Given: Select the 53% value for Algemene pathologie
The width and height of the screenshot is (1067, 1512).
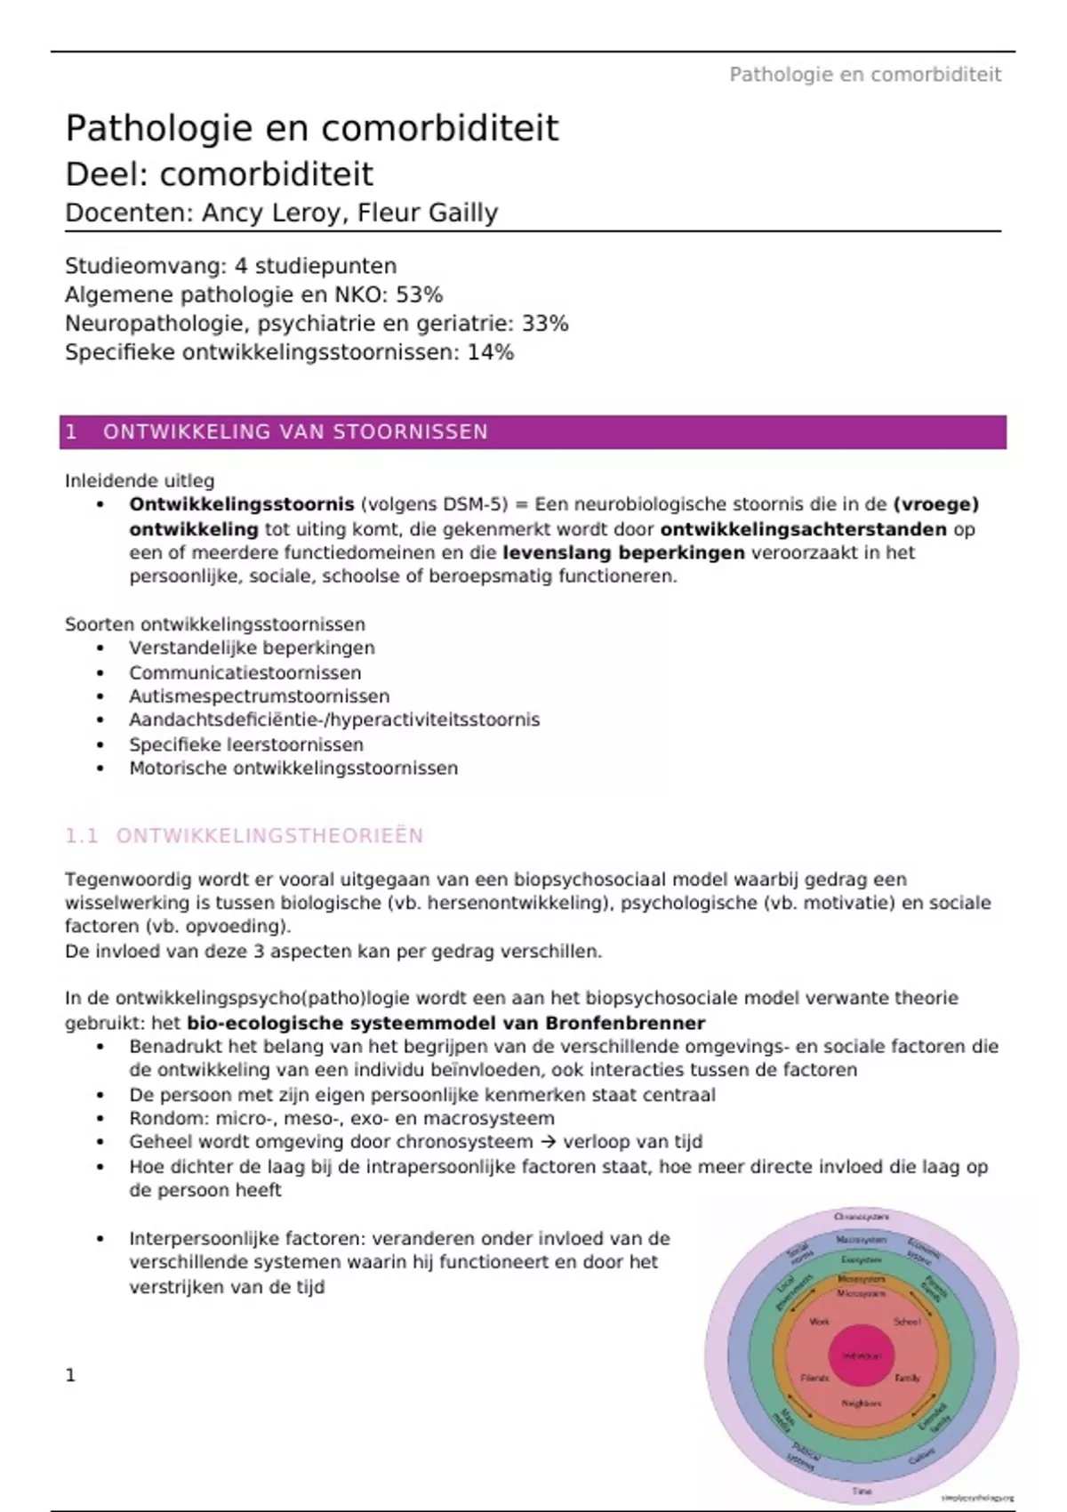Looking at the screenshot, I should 419,294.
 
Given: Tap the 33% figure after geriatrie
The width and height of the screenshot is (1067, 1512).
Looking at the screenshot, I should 545,323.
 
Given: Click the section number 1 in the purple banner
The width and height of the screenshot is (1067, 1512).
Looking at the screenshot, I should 71,432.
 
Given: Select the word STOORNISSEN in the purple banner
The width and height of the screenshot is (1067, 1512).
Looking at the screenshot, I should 411,432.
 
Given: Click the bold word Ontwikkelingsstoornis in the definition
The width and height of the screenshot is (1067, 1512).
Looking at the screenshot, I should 242,504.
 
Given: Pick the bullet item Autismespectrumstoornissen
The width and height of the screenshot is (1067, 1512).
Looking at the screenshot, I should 259,696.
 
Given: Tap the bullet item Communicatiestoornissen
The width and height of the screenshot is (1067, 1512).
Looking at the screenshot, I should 245,673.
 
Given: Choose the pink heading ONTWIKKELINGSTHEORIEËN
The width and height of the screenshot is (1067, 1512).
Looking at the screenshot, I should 269,836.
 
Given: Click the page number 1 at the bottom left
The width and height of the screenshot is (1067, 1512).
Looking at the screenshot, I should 71,1376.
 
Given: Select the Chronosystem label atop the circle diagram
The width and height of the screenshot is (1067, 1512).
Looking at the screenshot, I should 861,1217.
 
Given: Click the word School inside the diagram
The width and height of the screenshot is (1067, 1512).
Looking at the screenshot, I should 907,1322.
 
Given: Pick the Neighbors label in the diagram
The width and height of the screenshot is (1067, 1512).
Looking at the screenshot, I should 861,1403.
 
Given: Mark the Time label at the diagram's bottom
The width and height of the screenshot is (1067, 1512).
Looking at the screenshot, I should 862,1491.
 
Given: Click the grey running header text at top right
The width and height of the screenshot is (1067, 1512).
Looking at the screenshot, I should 864,75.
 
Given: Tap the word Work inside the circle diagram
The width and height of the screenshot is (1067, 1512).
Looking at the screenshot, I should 819,1322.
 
